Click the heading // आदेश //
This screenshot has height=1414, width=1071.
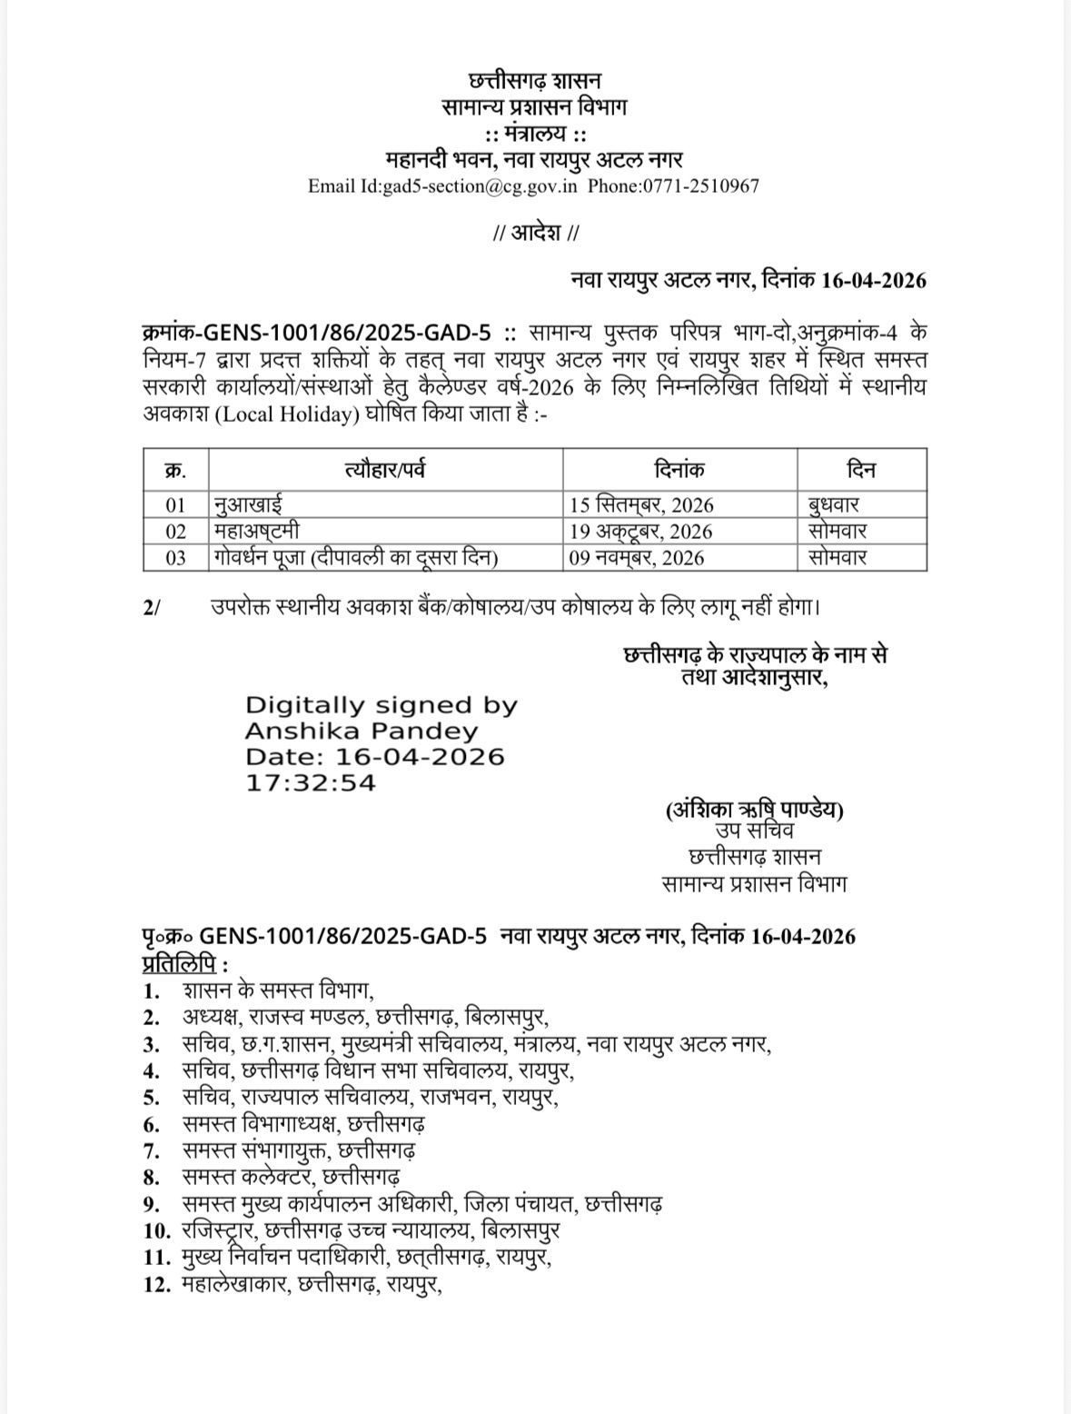click(x=535, y=234)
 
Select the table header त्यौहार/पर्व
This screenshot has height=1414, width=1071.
click(x=385, y=470)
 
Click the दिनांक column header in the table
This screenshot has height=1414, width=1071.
click(x=679, y=470)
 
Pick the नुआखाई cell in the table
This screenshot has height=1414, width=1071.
click(x=248, y=504)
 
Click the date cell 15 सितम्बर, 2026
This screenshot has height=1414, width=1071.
click(x=641, y=504)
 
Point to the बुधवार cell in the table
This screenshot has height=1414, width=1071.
click(x=833, y=504)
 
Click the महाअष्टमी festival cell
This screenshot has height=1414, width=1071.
click(x=258, y=531)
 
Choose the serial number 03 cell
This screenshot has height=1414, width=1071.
click(x=175, y=557)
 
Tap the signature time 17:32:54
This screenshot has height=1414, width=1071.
click(x=310, y=782)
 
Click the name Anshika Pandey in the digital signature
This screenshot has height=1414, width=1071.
click(x=362, y=731)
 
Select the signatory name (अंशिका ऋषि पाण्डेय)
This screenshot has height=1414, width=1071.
click(x=754, y=808)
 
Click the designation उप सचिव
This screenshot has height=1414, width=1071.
click(x=754, y=831)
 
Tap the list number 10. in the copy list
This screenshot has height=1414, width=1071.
click(x=157, y=1231)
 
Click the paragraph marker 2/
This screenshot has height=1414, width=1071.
click(x=151, y=606)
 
